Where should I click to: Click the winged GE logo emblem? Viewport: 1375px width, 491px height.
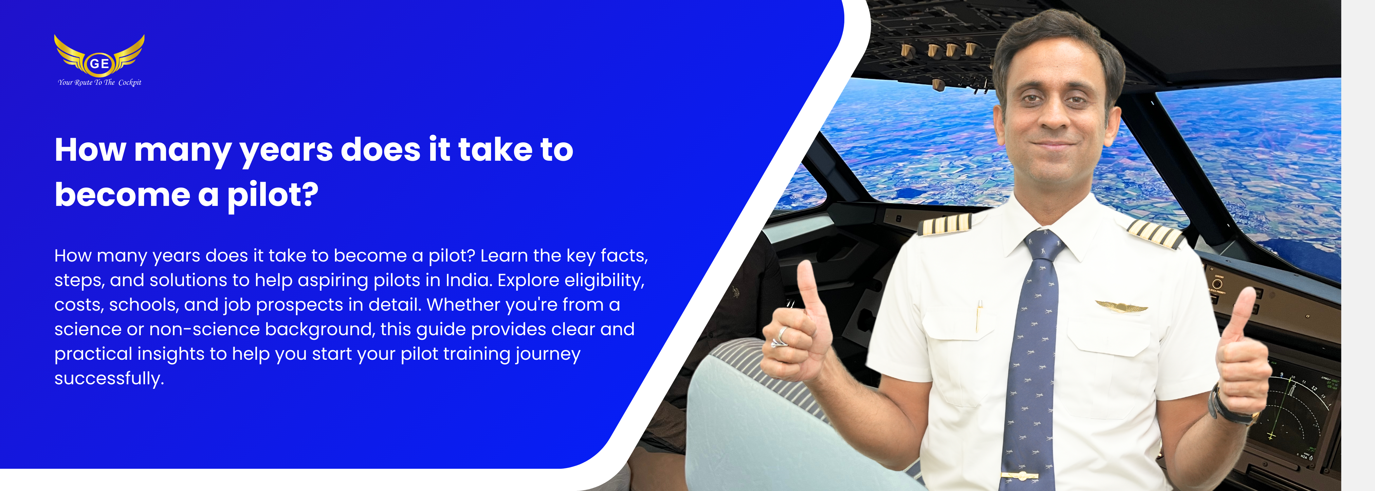click(99, 56)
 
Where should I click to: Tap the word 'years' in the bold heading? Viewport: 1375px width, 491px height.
click(286, 151)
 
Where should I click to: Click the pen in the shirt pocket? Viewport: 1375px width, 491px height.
click(979, 317)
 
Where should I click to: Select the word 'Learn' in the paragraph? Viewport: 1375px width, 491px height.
click(504, 256)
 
